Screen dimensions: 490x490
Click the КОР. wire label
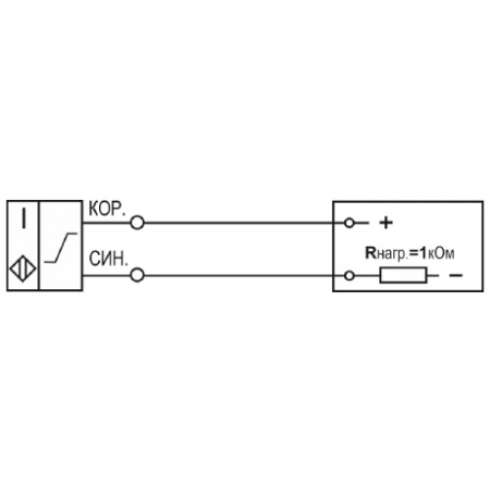coord(107,209)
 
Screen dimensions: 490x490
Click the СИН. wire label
coord(108,259)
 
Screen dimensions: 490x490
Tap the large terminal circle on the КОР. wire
coord(137,223)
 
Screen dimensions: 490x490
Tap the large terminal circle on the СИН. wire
coord(137,275)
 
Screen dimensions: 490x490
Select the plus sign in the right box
coord(386,223)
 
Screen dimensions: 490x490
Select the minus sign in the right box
coord(456,275)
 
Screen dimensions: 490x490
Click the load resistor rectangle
coord(403,275)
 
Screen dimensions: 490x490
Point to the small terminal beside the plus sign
coord(349,223)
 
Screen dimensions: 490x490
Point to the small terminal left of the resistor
coord(349,275)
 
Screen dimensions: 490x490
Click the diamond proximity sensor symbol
coord(23,269)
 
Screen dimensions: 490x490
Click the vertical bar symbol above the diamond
coord(24,218)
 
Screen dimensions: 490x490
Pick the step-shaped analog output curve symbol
coord(61,248)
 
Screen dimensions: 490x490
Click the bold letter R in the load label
coord(370,253)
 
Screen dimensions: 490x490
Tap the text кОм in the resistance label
coord(441,254)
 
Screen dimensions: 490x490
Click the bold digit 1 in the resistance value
coord(423,253)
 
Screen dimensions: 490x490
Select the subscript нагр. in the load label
coord(393,255)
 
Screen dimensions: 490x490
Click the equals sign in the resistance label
coord(414,254)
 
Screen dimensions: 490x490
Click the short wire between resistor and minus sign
coord(433,275)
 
